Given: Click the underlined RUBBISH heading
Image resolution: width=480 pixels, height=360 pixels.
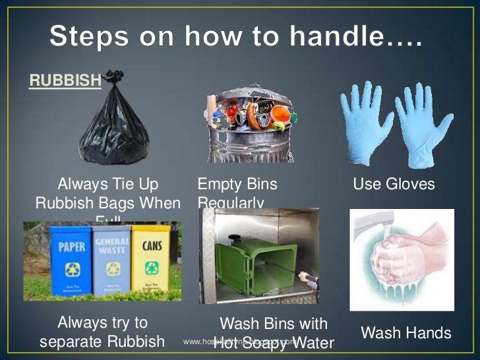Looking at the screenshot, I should [65, 80].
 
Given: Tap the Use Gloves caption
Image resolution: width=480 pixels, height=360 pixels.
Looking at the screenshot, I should [394, 184].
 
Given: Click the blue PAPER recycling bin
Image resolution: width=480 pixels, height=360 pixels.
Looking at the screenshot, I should [72, 260].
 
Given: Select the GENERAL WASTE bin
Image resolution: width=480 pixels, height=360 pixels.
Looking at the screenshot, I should [111, 260].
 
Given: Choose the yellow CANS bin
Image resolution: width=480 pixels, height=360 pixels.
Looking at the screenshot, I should [151, 260].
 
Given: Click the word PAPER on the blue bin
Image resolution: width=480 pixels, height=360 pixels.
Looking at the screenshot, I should [72, 247].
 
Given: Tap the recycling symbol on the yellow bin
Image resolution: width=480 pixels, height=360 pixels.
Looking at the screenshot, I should [151, 270].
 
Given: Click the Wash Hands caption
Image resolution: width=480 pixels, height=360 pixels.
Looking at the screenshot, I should [406, 333].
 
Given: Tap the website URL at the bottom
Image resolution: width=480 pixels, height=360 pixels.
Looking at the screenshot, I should [240, 342].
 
